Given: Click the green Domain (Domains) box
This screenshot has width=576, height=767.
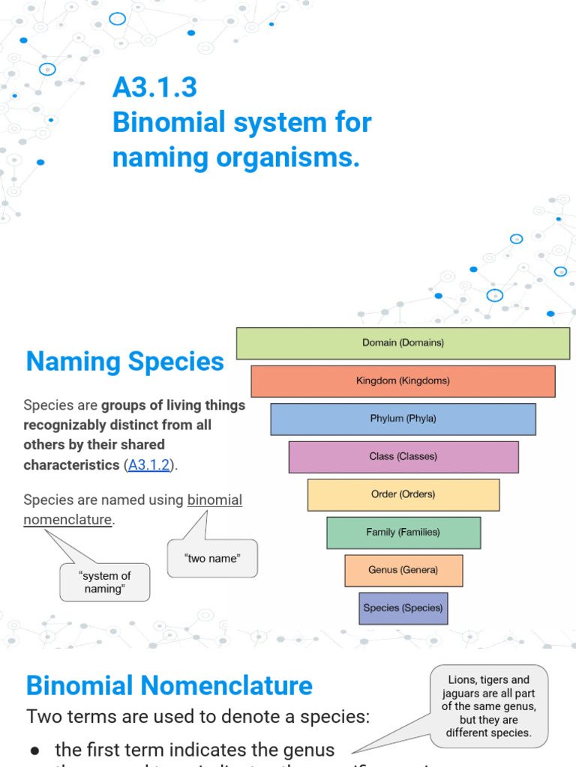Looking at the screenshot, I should pyautogui.click(x=403, y=343).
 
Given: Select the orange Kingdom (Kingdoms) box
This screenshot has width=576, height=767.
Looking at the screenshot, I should pyautogui.click(x=403, y=381).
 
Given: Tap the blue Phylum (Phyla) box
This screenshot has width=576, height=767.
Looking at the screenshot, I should pyautogui.click(x=403, y=419).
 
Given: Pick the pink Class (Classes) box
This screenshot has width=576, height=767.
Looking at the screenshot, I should pyautogui.click(x=403, y=457).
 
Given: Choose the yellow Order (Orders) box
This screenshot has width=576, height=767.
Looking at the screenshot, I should pyautogui.click(x=403, y=494).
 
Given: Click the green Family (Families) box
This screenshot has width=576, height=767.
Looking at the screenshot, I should pyautogui.click(x=403, y=533).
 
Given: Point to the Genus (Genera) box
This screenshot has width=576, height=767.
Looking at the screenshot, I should pyautogui.click(x=403, y=570).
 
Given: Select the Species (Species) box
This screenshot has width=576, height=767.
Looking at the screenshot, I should pyautogui.click(x=403, y=608).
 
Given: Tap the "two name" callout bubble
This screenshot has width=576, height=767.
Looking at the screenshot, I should pyautogui.click(x=212, y=559).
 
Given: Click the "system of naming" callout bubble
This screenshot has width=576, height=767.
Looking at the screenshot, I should pyautogui.click(x=104, y=582).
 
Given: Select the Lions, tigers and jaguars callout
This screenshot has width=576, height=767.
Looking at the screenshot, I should pyautogui.click(x=488, y=706).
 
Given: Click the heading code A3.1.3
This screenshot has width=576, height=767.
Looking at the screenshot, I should pyautogui.click(x=154, y=88).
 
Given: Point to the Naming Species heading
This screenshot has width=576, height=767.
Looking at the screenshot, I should pyautogui.click(x=124, y=362).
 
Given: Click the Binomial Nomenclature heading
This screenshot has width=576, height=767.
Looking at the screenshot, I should pyautogui.click(x=169, y=685).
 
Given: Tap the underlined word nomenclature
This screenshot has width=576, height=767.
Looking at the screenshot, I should pyautogui.click(x=67, y=519).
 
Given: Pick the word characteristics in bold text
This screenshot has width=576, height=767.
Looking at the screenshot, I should pyautogui.click(x=71, y=465).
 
